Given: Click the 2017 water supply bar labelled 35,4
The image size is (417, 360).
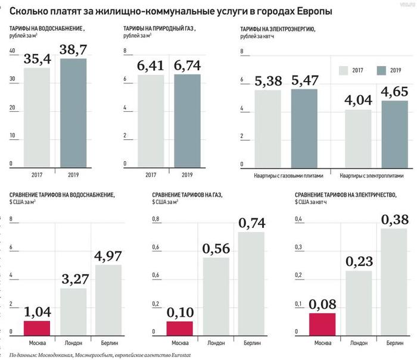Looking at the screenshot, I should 37,116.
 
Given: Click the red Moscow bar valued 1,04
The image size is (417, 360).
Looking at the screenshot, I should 37,325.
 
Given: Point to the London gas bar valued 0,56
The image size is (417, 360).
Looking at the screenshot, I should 216,294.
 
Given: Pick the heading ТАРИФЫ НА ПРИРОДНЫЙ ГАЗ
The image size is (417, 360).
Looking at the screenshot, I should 159,29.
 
